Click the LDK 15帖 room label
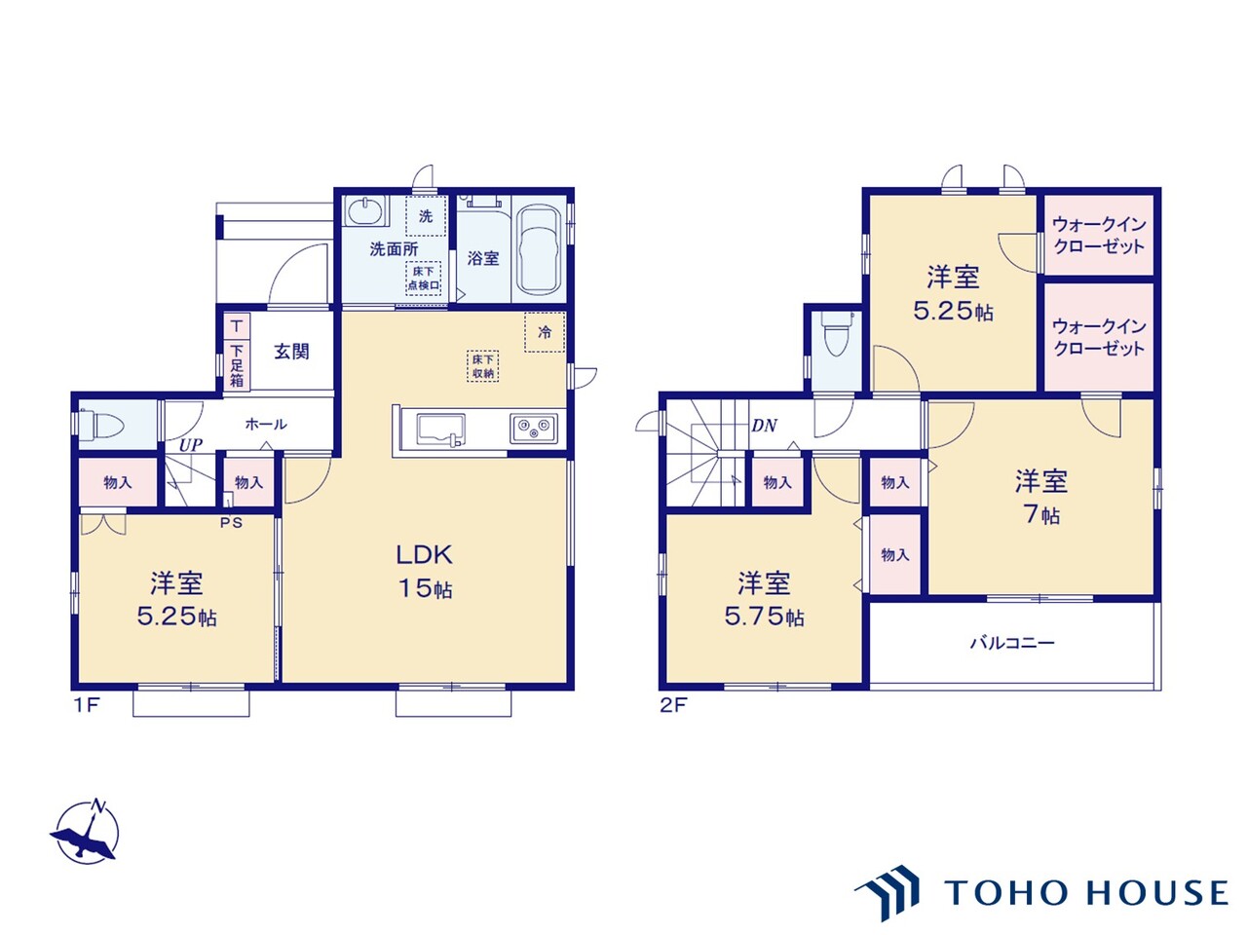[x=425, y=572]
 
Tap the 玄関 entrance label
[x=291, y=352]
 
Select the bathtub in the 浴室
[x=541, y=250]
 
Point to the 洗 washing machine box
[x=426, y=216]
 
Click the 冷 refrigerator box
[x=545, y=332]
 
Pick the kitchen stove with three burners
[x=534, y=428]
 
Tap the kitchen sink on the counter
[x=439, y=430]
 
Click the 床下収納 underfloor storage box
[x=483, y=366]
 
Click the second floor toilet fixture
[x=836, y=334]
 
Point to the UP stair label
[x=190, y=446]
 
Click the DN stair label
[x=764, y=426]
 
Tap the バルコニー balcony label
[x=1012, y=643]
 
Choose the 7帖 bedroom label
[x=1041, y=498]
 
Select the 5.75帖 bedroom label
[x=764, y=600]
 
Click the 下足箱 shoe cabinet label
[x=237, y=365]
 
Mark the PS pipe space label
[x=231, y=523]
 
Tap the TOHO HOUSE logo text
[x=1086, y=892]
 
